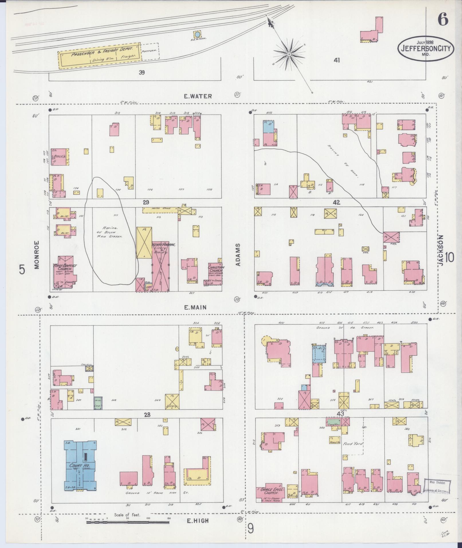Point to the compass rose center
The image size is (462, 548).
[289, 54]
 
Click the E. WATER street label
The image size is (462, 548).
[198, 96]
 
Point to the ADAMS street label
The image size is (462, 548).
[238, 255]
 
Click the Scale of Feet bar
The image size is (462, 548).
[128, 522]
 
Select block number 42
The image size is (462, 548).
[336, 203]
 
